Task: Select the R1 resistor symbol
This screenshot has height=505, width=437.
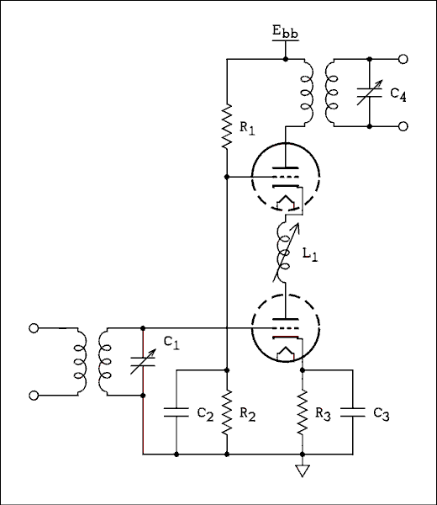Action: pyautogui.click(x=227, y=126)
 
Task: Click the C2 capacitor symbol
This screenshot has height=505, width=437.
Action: pyautogui.click(x=176, y=412)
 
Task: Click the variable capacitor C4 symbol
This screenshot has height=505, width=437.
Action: pyautogui.click(x=370, y=93)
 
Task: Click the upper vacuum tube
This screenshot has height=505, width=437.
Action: pyautogui.click(x=286, y=179)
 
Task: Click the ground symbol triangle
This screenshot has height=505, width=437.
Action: pyautogui.click(x=303, y=470)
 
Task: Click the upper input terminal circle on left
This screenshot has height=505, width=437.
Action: pyautogui.click(x=34, y=328)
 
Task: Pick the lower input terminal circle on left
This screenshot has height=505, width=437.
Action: pyautogui.click(x=34, y=394)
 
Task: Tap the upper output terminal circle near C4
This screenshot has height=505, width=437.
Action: pyautogui.click(x=404, y=60)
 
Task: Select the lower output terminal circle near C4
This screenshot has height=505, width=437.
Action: pyautogui.click(x=404, y=126)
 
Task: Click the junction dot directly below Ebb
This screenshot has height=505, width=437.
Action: pyautogui.click(x=286, y=60)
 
